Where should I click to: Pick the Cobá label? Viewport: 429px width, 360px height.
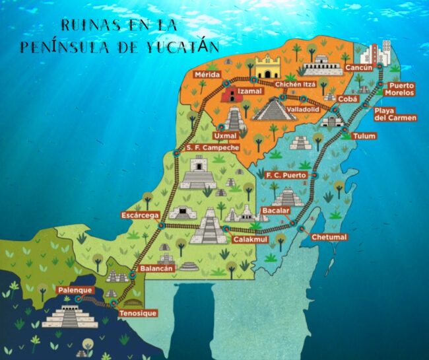pos(347,98)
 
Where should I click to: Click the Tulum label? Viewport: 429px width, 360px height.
pos(364,136)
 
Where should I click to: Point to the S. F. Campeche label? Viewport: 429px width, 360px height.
pos(213,148)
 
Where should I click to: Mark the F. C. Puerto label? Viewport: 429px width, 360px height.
pos(286,175)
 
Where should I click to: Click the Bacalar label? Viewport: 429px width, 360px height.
pos(276,210)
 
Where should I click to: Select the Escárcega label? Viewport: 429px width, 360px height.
pos(139,215)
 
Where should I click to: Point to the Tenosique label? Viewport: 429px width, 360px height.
pos(138,313)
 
